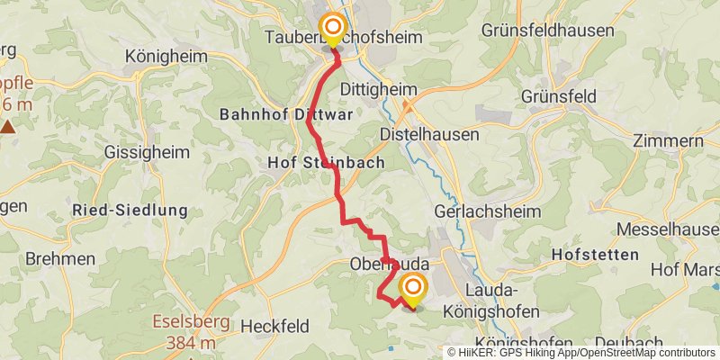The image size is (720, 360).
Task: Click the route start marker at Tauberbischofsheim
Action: click(x=334, y=27)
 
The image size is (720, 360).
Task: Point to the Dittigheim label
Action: click(x=379, y=89)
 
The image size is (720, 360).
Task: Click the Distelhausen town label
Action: click(x=426, y=133)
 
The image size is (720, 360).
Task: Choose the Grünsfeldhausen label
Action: click(x=548, y=30)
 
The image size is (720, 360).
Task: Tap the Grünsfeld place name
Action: click(x=564, y=95)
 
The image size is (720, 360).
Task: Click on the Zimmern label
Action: click(x=667, y=140)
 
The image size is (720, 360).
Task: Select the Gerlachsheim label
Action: click(x=487, y=211)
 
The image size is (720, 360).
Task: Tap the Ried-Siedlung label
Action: click(x=130, y=211)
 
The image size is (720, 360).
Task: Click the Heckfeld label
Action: click(x=275, y=325)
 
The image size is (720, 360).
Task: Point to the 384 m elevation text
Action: click(x=191, y=342)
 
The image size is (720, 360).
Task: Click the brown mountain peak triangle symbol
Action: click(x=8, y=126)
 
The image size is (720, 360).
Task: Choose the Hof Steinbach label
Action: click(x=326, y=163)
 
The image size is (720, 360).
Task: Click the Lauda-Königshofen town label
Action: click(x=491, y=301)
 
